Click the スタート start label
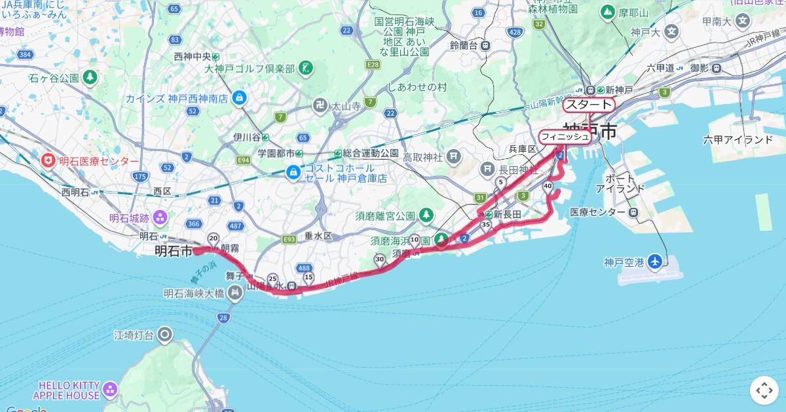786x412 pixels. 589,105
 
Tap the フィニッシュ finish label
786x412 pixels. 565,137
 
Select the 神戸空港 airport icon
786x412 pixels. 654,262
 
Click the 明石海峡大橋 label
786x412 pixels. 194,294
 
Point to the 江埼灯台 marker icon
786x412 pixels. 164,335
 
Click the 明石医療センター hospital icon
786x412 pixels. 48,161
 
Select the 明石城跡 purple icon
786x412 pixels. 160,218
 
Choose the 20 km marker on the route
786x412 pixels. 213,238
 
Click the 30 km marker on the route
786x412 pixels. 380,260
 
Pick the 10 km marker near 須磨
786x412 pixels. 415,240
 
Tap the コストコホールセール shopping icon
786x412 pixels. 293,173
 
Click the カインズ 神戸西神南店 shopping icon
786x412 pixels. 239,99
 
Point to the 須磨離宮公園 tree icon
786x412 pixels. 426,215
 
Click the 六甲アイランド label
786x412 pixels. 738,140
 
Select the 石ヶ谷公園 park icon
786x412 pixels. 90,78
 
